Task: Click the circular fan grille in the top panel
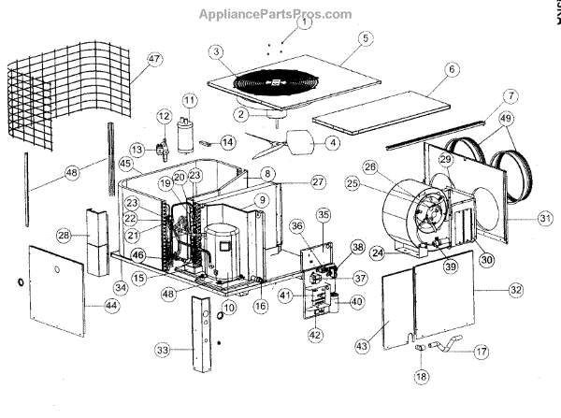pyautogui.click(x=275, y=83)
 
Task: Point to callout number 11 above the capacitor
pyautogui.click(x=190, y=99)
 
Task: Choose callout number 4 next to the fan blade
pyautogui.click(x=331, y=143)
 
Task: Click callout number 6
pyautogui.click(x=452, y=69)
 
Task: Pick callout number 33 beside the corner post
pyautogui.click(x=164, y=350)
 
